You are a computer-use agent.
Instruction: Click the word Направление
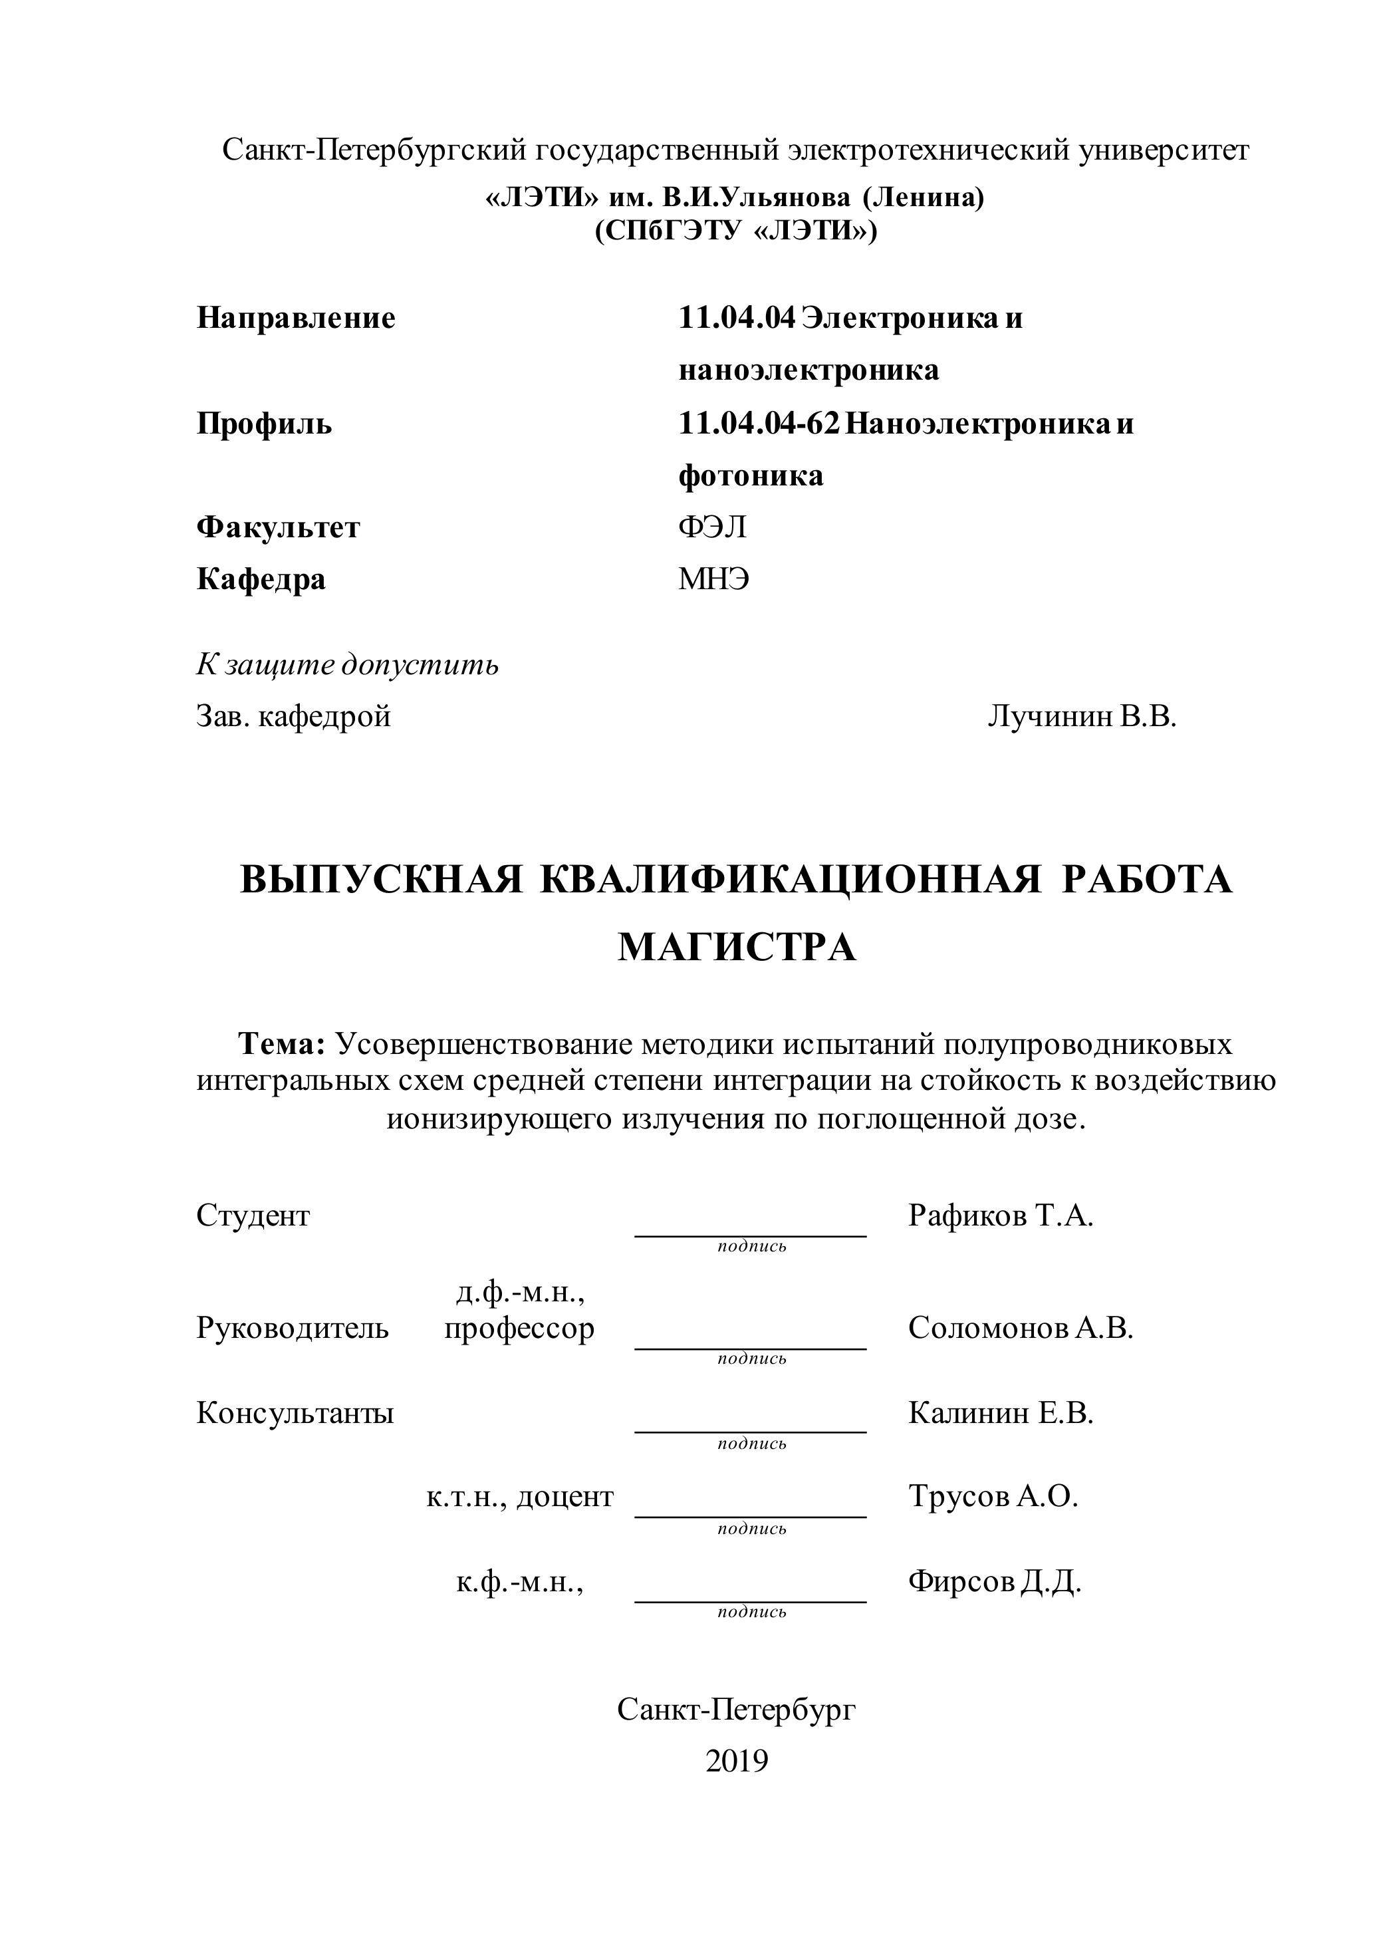point(296,319)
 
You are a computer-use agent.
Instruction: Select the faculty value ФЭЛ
point(711,528)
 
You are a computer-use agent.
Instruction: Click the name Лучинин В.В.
point(1082,717)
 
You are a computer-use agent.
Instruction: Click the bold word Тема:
point(282,1045)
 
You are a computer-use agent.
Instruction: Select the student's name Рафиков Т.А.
point(1001,1216)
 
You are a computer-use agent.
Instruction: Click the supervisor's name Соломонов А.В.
point(1020,1329)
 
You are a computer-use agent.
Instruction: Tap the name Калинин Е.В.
point(1001,1412)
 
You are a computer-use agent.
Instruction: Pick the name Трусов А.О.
point(993,1496)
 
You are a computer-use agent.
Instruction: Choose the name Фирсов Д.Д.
point(995,1581)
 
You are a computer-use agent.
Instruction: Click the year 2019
point(736,1761)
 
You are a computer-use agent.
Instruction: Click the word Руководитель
point(293,1329)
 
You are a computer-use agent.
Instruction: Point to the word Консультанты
point(295,1413)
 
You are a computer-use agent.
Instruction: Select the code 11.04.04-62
point(758,424)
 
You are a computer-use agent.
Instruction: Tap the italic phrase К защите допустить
point(347,665)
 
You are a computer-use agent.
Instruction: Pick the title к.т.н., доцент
point(519,1497)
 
